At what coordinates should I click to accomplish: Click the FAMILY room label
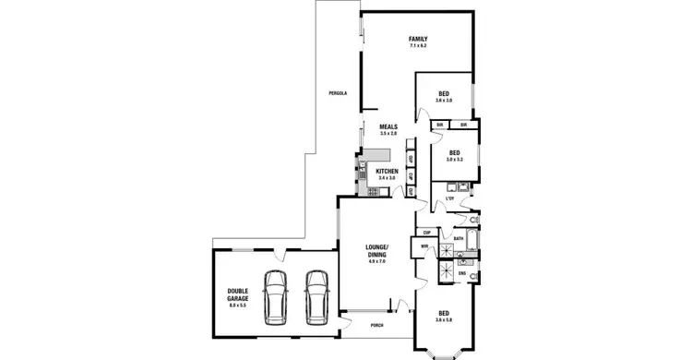click(x=420, y=38)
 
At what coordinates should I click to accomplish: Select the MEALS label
click(x=388, y=127)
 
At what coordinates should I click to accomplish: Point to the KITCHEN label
click(x=387, y=171)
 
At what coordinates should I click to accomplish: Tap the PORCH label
click(x=376, y=326)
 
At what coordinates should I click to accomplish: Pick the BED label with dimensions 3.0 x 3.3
click(x=454, y=153)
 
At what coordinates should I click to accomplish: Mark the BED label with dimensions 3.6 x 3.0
click(x=444, y=93)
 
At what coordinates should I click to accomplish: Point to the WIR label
click(x=424, y=246)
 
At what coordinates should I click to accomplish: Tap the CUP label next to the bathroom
click(x=427, y=232)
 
